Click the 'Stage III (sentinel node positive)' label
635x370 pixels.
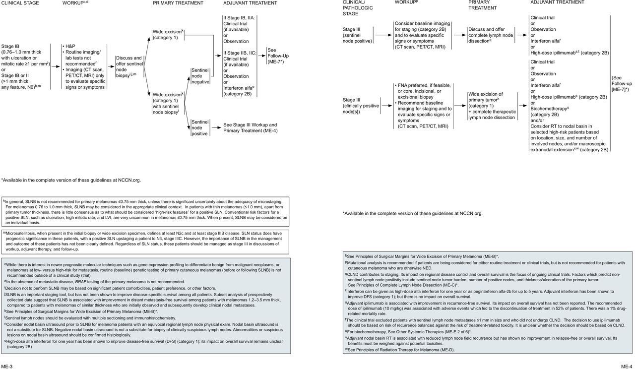click(356, 35)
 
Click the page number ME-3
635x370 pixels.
click(6, 366)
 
